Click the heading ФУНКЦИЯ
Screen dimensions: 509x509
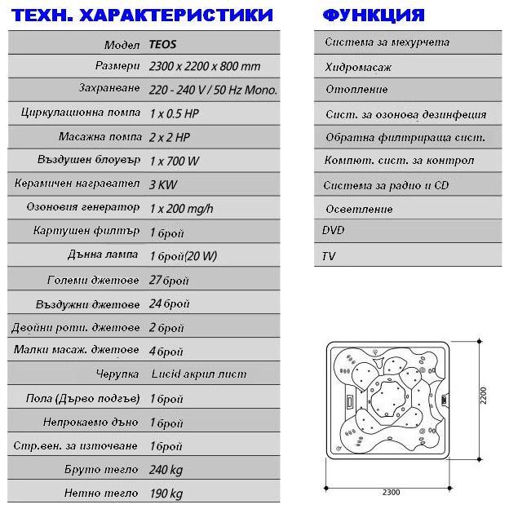pos(374,15)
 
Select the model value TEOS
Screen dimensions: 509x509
pos(163,44)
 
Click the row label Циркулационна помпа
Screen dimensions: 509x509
pos(80,114)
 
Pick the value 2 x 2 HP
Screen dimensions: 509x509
pos(170,138)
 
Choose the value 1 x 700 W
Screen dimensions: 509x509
pos(175,162)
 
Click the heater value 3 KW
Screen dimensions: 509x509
pos(164,185)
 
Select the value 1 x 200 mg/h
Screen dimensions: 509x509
pos(181,209)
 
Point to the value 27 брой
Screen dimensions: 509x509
pos(169,280)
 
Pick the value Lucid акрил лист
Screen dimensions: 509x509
pos(198,374)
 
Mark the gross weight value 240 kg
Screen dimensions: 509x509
pos(166,470)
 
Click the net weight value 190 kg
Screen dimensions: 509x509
pos(166,494)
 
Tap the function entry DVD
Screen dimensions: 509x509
pos(334,231)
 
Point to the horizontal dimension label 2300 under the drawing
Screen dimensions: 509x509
pos(391,493)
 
